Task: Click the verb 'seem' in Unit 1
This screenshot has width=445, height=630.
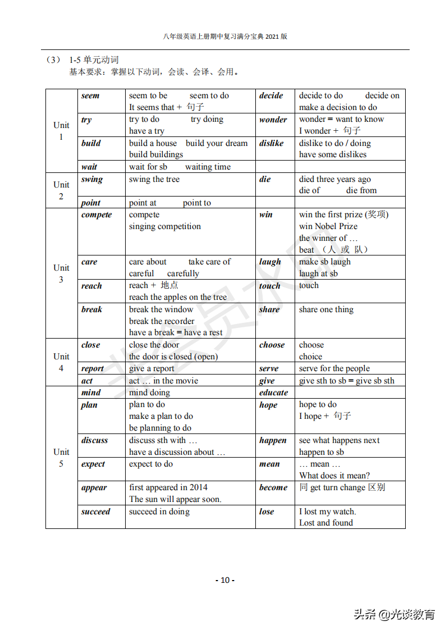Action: coord(90,96)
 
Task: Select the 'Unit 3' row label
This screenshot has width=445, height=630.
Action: coord(61,273)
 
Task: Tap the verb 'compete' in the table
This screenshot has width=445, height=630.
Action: coord(97,215)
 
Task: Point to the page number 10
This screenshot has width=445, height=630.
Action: coord(225,580)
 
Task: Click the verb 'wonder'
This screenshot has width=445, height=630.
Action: coord(273,120)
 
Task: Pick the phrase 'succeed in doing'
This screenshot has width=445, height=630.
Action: coord(159,512)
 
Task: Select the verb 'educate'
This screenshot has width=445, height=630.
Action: coord(273,392)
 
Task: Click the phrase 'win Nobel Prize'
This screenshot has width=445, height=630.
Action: coord(328,226)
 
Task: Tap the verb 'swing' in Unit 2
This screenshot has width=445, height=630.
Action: coord(92,180)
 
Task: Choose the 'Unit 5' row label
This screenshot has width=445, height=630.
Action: coord(61,458)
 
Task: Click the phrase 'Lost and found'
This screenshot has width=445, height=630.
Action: coord(326,523)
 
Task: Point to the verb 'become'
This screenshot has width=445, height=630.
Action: coord(273,488)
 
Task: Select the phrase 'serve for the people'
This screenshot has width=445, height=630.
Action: coord(334,368)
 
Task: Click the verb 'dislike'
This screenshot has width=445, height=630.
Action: coord(272,143)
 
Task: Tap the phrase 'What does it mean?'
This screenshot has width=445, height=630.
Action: coord(334,476)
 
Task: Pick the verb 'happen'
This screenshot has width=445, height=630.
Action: coord(273,441)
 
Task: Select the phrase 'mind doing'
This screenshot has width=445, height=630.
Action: coord(149,392)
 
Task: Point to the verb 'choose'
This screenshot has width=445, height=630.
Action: coord(272,345)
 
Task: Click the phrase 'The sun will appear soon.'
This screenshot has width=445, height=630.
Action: coord(175,499)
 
